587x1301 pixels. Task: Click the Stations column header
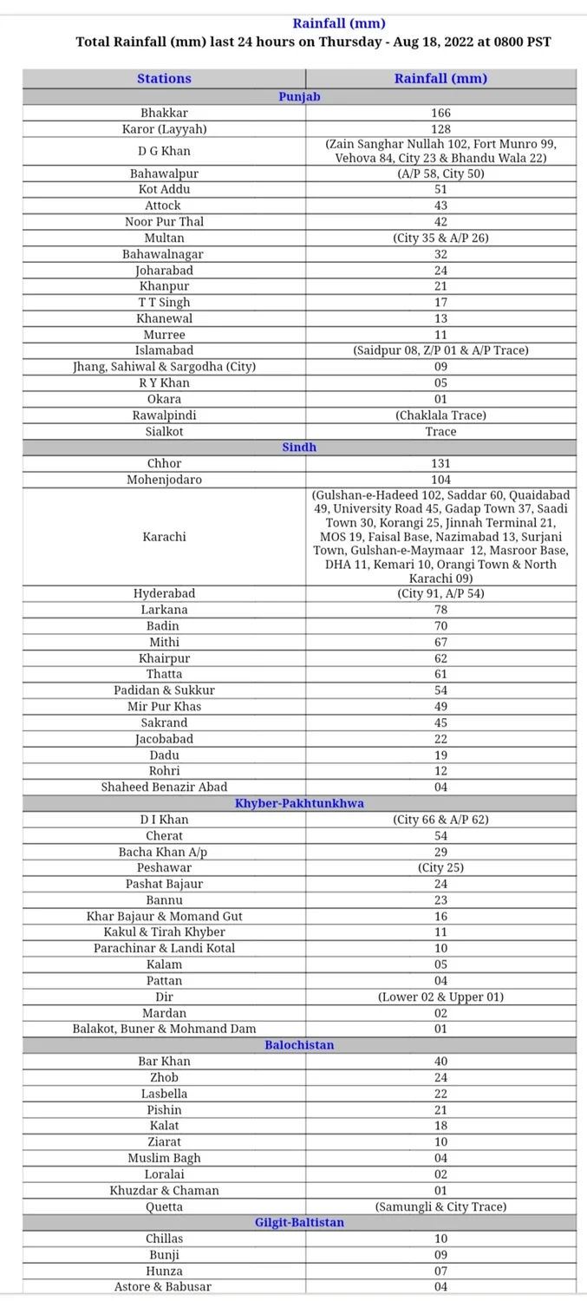coord(164,78)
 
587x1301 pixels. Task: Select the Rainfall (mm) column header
coord(440,78)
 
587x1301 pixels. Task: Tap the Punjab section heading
coord(299,96)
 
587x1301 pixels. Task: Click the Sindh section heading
coord(299,447)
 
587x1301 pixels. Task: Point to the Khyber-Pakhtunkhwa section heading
coord(299,803)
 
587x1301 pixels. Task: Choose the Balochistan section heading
coord(299,1045)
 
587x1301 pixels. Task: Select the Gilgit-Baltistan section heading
coord(299,1222)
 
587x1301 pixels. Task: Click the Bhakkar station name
coord(164,113)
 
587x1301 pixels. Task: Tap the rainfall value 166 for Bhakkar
coord(440,113)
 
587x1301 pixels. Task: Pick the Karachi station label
coord(164,537)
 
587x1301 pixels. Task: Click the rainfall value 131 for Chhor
coord(440,463)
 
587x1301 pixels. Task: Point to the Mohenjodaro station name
coord(164,480)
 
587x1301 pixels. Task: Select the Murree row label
coord(164,335)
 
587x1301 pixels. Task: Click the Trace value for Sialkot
coord(440,431)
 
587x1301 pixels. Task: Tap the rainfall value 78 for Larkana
coord(440,610)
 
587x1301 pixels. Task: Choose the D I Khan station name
coord(164,820)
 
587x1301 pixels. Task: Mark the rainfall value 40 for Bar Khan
coord(440,1062)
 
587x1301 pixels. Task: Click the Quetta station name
coord(164,1206)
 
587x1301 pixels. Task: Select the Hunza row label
coord(164,1271)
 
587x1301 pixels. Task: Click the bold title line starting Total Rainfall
coord(313,42)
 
